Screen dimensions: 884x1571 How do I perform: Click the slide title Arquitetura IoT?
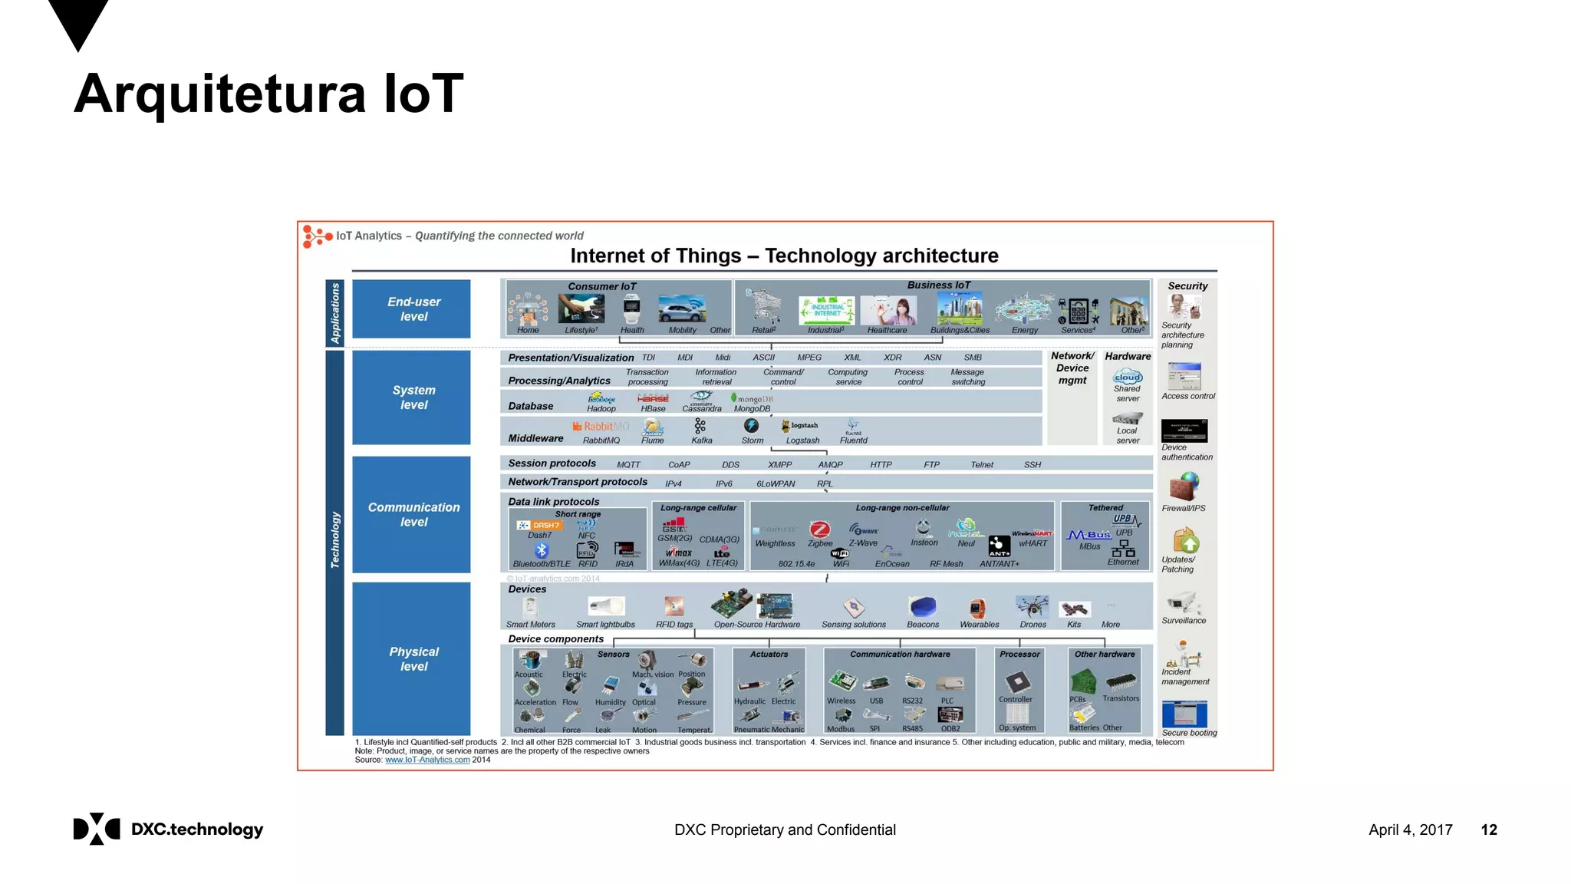point(268,94)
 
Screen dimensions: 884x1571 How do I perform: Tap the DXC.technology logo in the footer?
point(168,829)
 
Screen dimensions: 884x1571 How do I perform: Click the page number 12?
point(1488,830)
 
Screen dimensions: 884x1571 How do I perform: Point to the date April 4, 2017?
point(1410,830)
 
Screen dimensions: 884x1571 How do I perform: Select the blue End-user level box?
point(411,308)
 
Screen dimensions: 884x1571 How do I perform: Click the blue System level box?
point(411,397)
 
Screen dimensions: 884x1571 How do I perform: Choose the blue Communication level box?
point(411,514)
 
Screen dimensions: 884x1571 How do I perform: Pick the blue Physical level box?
point(411,658)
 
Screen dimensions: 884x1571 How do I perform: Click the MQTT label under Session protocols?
point(628,464)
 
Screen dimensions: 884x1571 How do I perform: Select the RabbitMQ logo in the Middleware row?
point(601,426)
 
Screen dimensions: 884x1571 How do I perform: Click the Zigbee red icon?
point(820,529)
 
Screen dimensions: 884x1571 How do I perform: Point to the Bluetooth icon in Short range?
point(542,550)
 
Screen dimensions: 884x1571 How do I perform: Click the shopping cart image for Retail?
point(763,306)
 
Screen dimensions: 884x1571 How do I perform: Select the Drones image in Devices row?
point(1033,606)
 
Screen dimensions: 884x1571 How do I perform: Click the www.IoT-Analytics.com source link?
point(427,760)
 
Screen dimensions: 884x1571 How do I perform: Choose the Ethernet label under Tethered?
point(1123,562)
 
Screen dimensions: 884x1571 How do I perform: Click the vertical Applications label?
point(334,312)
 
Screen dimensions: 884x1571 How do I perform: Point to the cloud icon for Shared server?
point(1128,377)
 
